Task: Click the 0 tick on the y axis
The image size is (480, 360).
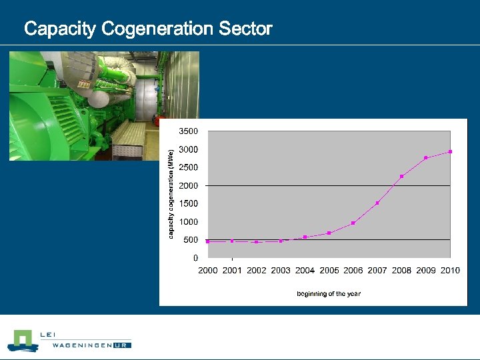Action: [195, 258]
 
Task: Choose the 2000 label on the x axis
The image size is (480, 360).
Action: [208, 271]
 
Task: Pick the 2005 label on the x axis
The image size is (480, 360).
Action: [329, 271]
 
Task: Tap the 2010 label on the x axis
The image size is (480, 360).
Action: [450, 271]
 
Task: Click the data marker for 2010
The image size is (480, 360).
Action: [450, 152]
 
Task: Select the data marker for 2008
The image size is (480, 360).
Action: [401, 176]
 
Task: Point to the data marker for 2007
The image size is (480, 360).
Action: [377, 203]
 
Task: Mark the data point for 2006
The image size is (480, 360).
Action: [353, 223]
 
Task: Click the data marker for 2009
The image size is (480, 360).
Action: [426, 158]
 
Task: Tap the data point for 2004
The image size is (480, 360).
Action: [305, 237]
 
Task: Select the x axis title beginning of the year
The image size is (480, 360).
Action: [329, 293]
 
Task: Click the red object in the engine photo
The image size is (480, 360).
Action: [155, 121]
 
